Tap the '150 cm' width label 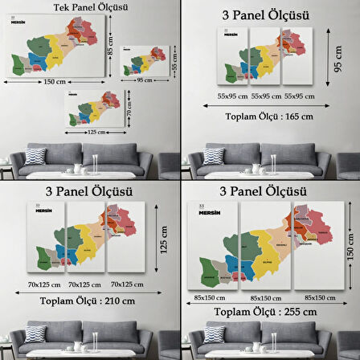pos(54,82)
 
